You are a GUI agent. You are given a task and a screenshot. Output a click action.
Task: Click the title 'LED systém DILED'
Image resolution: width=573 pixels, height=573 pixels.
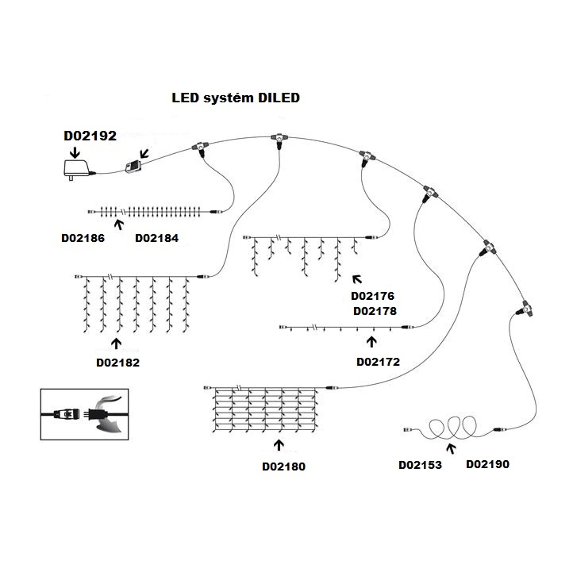[236, 98]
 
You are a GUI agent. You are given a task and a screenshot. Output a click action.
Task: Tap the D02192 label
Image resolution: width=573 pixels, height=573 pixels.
[90, 136]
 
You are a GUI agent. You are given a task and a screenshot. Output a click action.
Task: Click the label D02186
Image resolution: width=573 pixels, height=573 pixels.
[83, 238]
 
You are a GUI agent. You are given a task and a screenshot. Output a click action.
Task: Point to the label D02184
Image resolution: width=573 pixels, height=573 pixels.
[157, 238]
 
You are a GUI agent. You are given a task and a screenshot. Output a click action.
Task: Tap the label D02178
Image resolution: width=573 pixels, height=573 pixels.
[375, 311]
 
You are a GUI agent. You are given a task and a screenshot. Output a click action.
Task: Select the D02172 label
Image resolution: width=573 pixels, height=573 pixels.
[378, 362]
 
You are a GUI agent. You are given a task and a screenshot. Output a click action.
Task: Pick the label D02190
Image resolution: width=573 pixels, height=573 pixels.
[488, 464]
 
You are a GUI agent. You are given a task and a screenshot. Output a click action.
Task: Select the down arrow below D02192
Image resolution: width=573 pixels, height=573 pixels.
[75, 152]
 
